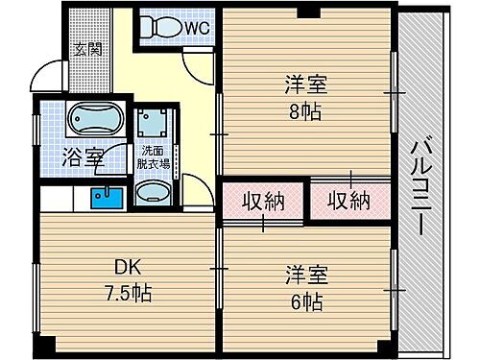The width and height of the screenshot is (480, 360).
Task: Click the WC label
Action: point(197,29)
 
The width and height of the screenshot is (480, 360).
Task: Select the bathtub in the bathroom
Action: point(93,120)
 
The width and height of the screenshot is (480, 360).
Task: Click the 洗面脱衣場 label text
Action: point(156,157)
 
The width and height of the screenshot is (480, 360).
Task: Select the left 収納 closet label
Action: point(262,203)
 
